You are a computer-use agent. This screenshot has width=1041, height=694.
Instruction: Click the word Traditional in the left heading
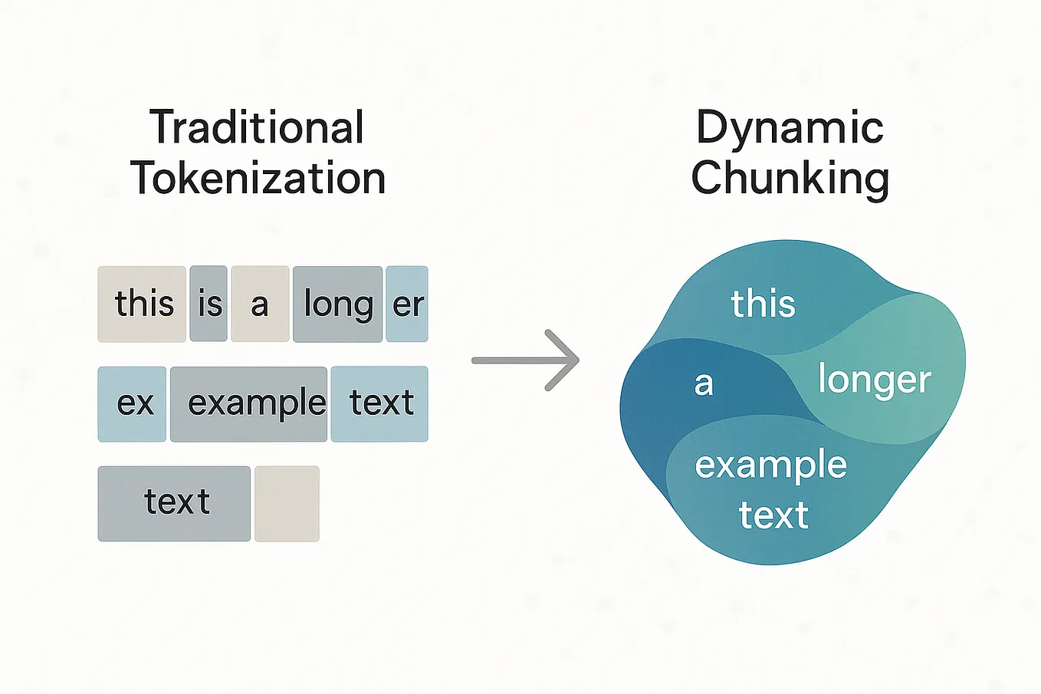(x=257, y=127)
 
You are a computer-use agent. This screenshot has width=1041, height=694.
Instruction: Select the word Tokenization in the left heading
(x=258, y=179)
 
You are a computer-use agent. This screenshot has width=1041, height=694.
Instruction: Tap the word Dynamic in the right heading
(x=790, y=127)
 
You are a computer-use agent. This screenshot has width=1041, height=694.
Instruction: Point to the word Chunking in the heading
(x=790, y=179)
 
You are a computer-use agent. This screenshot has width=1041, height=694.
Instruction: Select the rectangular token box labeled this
(x=142, y=304)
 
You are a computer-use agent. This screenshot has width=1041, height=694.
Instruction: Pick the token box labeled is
(x=209, y=304)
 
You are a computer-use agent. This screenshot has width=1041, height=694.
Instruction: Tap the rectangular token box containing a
(x=260, y=304)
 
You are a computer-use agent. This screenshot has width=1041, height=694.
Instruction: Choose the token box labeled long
(x=337, y=304)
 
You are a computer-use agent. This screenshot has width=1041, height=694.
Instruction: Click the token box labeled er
(x=407, y=304)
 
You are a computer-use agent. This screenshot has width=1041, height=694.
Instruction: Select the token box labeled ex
(x=132, y=403)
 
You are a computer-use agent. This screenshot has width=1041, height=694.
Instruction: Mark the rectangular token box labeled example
(x=249, y=403)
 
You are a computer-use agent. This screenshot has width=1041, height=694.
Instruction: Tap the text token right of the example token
(x=379, y=403)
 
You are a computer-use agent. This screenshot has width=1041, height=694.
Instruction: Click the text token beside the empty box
(x=174, y=503)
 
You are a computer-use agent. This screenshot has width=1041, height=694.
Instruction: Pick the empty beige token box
(x=287, y=503)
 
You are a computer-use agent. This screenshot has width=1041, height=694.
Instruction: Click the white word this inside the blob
(x=763, y=304)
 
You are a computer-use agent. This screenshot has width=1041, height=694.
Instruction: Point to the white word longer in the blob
(x=874, y=380)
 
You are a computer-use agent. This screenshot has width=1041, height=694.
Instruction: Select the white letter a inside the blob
(x=704, y=383)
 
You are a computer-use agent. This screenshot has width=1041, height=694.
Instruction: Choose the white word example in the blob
(x=770, y=465)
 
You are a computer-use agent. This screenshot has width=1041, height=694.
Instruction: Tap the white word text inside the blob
(x=773, y=515)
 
